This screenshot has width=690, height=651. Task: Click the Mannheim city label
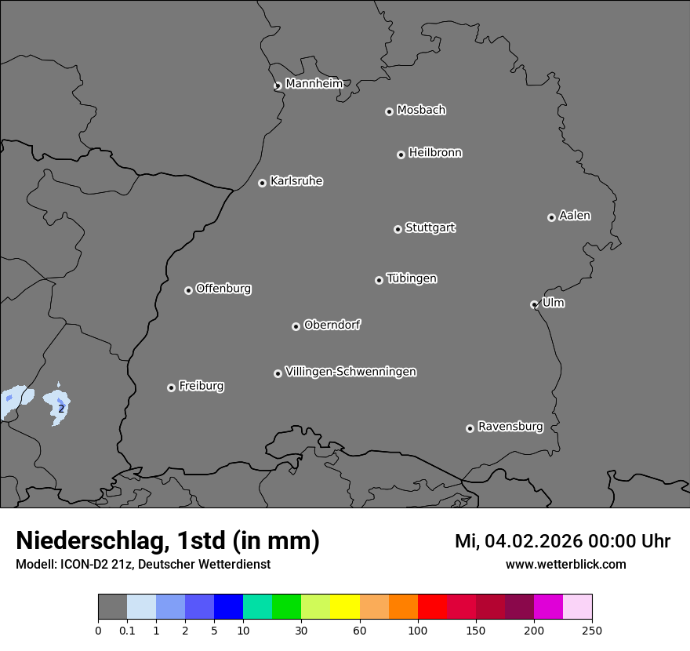[x=314, y=84]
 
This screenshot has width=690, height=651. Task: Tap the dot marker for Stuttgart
[x=398, y=229]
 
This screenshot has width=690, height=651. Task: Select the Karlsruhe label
[x=296, y=181]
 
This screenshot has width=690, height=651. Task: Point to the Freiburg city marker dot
[x=171, y=387]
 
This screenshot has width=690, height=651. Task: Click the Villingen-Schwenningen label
[x=350, y=372]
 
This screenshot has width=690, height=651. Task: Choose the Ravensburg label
[x=510, y=427]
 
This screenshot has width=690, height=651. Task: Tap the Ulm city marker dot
[x=534, y=304]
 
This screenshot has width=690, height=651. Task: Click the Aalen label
[x=575, y=216]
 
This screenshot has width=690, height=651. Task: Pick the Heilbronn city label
[x=435, y=153]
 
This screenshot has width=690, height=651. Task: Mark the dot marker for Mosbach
[x=389, y=111]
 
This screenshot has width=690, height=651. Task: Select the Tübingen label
[x=412, y=278]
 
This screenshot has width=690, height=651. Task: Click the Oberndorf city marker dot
[x=296, y=326]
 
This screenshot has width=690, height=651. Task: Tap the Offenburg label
[x=223, y=289]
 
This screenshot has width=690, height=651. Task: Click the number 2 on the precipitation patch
[x=61, y=409]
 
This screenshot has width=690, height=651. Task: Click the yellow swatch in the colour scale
[x=345, y=607]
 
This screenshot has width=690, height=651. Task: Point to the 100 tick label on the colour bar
[x=418, y=630]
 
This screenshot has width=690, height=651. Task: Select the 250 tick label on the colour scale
[x=592, y=630]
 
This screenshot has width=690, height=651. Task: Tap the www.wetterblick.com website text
[x=565, y=564]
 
